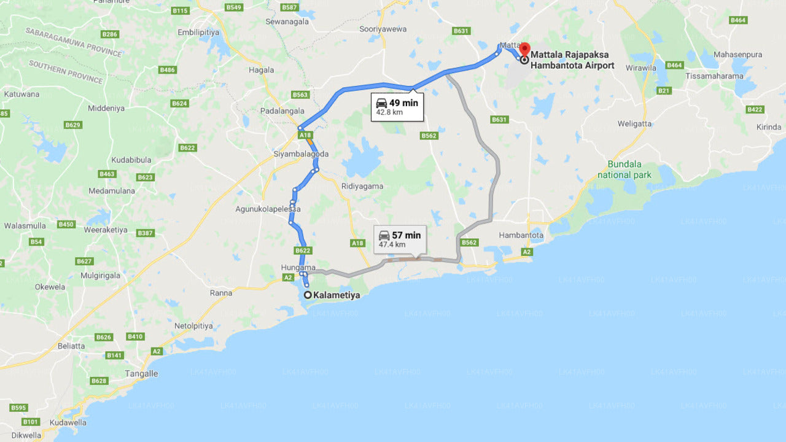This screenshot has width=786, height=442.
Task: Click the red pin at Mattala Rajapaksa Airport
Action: click(524, 50)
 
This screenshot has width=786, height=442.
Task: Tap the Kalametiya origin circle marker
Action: click(308, 295)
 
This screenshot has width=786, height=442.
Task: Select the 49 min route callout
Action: click(397, 107)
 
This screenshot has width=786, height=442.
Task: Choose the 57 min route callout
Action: click(399, 239)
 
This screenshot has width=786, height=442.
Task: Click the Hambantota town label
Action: click(521, 235)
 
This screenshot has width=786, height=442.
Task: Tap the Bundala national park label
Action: click(624, 169)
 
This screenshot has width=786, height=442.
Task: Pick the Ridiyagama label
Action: click(362, 186)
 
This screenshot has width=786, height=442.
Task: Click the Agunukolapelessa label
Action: click(268, 209)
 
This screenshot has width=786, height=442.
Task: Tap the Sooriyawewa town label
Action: click(383, 29)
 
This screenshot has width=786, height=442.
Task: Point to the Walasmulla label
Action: click(25, 225)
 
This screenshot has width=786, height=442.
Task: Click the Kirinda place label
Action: click(769, 126)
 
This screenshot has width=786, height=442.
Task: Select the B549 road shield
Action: click(233, 7)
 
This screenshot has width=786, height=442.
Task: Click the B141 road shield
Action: click(114, 355)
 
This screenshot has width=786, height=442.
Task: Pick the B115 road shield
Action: click(180, 10)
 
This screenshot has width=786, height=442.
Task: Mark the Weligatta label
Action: click(634, 123)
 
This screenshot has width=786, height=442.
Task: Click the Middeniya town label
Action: click(106, 108)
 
